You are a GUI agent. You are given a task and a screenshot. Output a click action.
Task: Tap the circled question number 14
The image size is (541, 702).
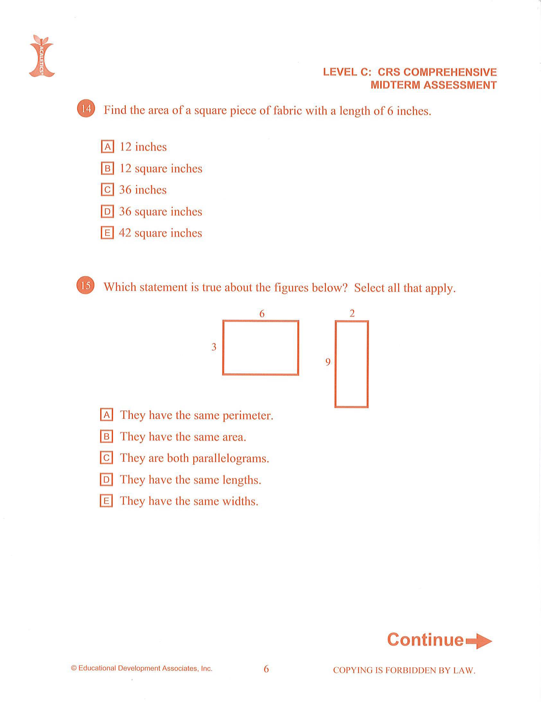pyautogui.click(x=86, y=109)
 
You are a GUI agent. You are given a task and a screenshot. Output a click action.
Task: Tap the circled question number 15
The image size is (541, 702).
pyautogui.click(x=86, y=285)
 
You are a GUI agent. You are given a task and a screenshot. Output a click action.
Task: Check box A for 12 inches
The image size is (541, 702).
pyautogui.click(x=108, y=147)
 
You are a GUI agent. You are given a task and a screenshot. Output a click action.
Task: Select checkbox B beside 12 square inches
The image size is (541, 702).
pyautogui.click(x=108, y=168)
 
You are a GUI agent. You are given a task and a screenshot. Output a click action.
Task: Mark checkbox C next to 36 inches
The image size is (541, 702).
pyautogui.click(x=108, y=190)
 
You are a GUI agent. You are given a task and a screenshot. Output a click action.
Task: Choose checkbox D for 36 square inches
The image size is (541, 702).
pyautogui.click(x=108, y=212)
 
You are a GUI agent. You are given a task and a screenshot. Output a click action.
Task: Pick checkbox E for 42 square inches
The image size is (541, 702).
pyautogui.click(x=108, y=233)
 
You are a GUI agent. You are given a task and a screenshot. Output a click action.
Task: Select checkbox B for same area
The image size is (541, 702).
pyautogui.click(x=107, y=436)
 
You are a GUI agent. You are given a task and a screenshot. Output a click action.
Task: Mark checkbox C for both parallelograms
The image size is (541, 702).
pyautogui.click(x=107, y=458)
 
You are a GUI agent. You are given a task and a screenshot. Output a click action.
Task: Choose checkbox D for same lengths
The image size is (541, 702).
pyautogui.click(x=107, y=479)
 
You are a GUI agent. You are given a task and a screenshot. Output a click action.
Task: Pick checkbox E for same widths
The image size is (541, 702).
pyautogui.click(x=107, y=501)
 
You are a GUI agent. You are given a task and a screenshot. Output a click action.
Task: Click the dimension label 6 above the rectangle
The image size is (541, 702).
pyautogui.click(x=262, y=314)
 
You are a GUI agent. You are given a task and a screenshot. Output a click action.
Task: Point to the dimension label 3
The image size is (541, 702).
pyautogui.click(x=214, y=347)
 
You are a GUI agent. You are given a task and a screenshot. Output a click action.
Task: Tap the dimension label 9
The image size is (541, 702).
pyautogui.click(x=327, y=362)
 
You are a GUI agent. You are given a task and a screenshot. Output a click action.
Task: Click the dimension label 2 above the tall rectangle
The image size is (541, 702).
pyautogui.click(x=352, y=313)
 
